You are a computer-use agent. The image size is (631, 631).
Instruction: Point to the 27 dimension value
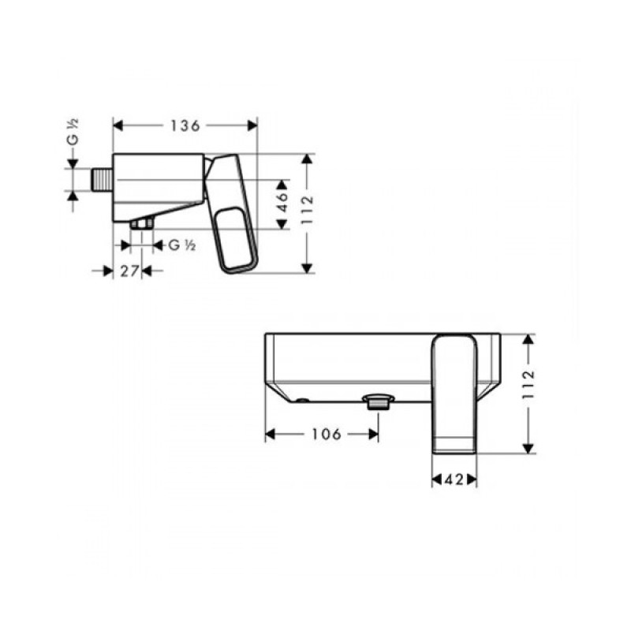coord(129,271)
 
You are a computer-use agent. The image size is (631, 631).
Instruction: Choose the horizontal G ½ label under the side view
coord(181,245)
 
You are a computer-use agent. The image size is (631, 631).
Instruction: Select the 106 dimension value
coord(323,434)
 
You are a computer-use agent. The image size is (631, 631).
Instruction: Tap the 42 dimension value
coord(454,479)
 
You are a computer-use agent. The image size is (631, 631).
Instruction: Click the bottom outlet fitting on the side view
coord(142,226)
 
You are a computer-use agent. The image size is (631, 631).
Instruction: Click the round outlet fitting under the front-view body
coord(377,401)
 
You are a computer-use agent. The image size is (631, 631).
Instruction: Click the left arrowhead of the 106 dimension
coord(269,434)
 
